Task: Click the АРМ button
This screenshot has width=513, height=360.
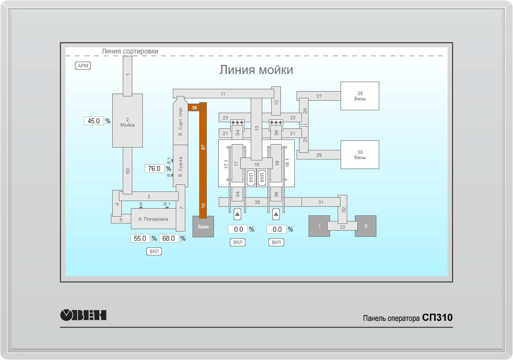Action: point(83,66)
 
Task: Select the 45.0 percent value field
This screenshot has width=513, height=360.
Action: point(94,121)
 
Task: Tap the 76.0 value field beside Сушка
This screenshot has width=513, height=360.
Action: point(155,169)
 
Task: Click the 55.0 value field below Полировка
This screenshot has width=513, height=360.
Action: point(140,238)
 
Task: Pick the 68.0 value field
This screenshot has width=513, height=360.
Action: point(169,238)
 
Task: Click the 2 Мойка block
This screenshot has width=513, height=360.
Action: point(128,120)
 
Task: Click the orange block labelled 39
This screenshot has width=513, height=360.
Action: point(194,107)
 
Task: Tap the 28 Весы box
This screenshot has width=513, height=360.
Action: point(360,95)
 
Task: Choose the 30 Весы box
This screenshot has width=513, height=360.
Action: point(360,154)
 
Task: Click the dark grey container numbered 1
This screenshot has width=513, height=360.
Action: point(319,226)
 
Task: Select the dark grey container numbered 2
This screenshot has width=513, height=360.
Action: point(366,226)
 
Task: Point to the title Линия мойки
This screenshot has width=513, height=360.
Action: point(256,70)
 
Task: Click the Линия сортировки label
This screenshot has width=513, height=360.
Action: point(129,51)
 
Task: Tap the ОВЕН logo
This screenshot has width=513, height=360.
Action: point(84,315)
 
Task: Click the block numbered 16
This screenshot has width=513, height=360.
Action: point(256,164)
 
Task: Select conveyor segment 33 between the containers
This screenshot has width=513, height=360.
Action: point(342,227)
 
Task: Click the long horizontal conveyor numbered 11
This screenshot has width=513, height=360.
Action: point(223,94)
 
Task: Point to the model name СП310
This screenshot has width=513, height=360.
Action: point(437,318)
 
